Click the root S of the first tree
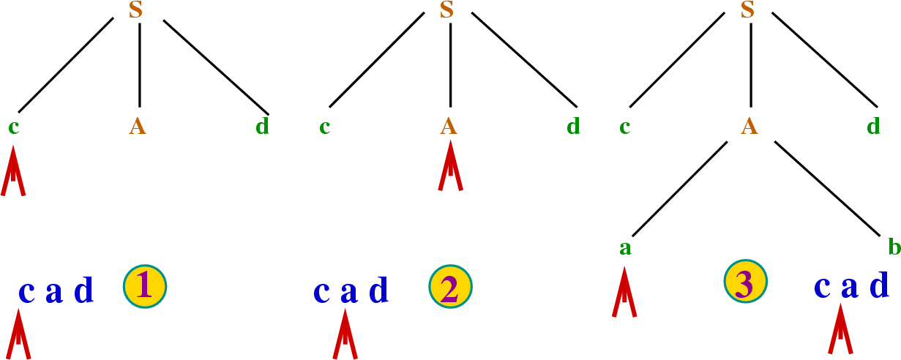click(x=135, y=11)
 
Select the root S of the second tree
click(x=448, y=11)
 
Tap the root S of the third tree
click(x=747, y=11)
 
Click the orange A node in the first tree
click(x=138, y=127)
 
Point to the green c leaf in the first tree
click(x=13, y=127)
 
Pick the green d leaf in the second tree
click(x=573, y=127)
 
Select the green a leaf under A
click(x=624, y=248)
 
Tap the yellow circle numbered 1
click(x=144, y=285)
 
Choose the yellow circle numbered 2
click(x=450, y=287)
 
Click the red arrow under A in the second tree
click(x=451, y=168)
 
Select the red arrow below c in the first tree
click(x=13, y=171)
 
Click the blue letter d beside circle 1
click(x=84, y=292)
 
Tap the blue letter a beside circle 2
click(x=349, y=292)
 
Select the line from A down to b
click(x=826, y=188)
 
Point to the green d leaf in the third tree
click(x=873, y=127)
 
